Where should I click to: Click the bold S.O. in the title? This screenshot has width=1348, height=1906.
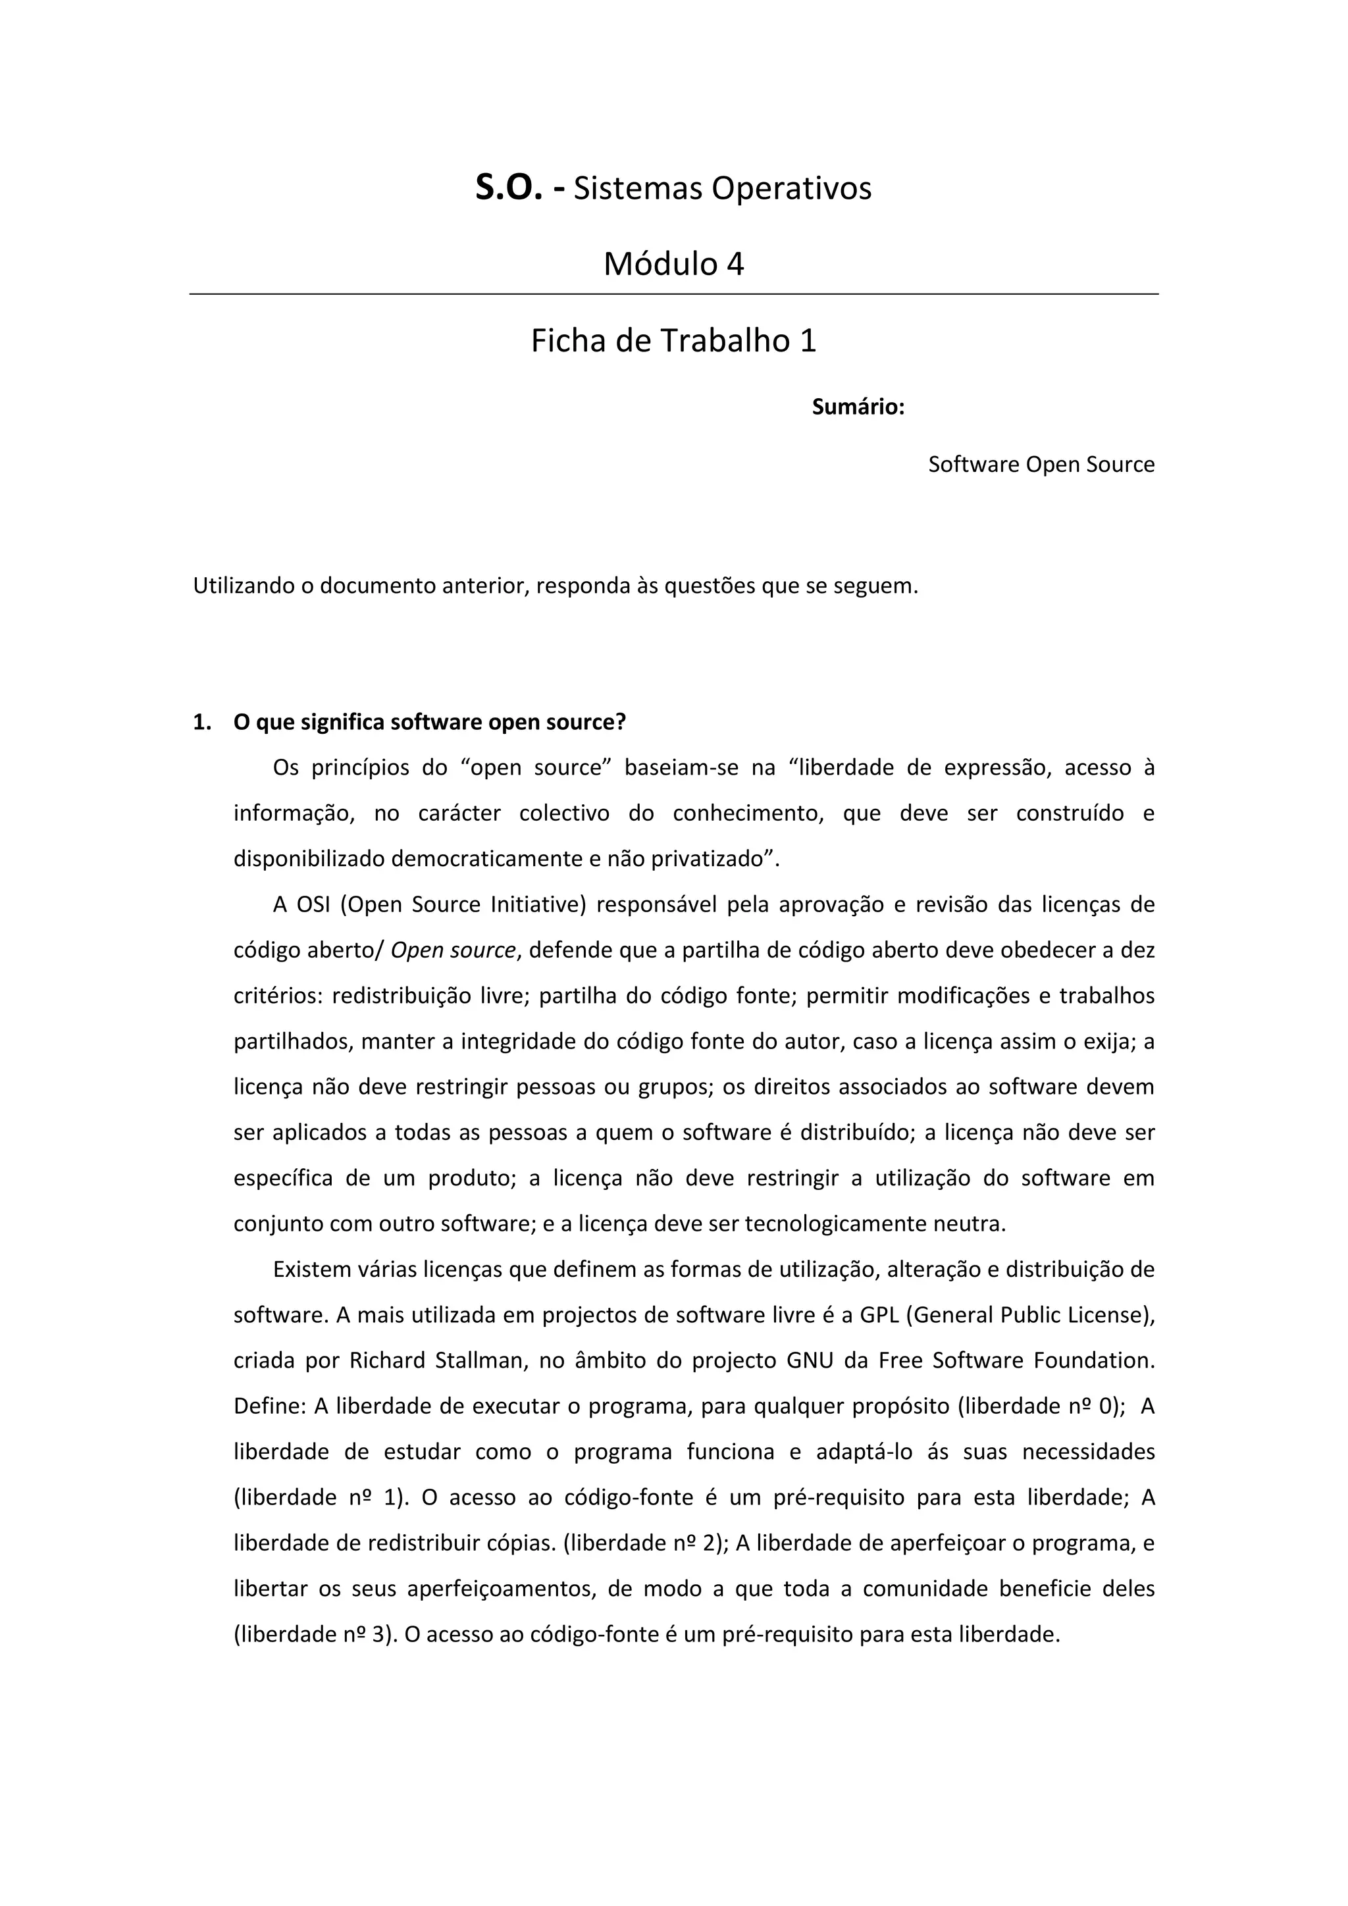[509, 188]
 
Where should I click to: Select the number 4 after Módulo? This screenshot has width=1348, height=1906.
[735, 264]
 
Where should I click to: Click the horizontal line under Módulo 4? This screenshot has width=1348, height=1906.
[674, 294]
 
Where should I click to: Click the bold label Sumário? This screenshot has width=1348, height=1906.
[858, 407]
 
